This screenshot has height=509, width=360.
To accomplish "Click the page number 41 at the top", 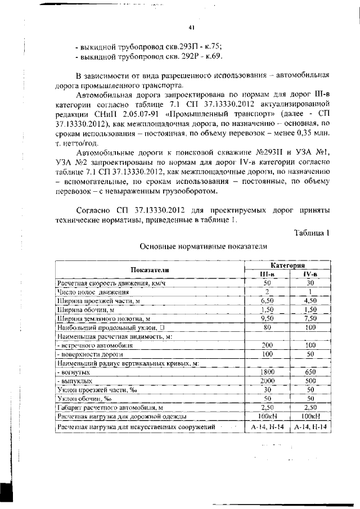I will (x=191, y=28).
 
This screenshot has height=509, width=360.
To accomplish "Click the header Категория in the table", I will (x=287, y=265).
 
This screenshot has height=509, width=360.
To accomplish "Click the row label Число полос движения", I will (x=93, y=292).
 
